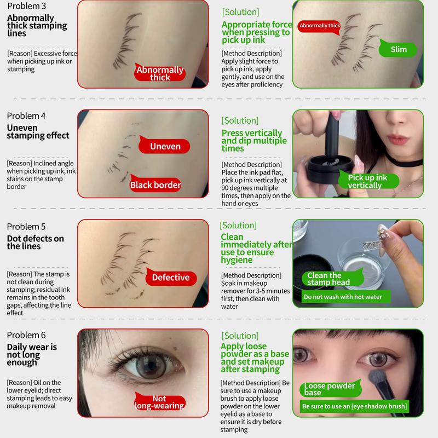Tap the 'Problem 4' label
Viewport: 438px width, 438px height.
(26, 116)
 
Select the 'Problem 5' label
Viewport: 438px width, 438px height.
(26, 227)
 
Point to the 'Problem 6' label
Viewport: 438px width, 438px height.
(26, 335)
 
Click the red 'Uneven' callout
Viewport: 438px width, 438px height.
(165, 146)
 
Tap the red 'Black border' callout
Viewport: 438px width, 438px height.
(155, 185)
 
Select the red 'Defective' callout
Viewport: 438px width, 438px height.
(170, 278)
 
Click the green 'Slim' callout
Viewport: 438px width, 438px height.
(399, 49)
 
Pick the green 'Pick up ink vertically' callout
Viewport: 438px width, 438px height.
(367, 181)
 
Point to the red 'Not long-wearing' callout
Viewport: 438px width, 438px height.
(159, 402)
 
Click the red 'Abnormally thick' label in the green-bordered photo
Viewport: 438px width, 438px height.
(320, 26)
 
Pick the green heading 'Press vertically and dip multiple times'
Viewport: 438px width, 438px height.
(252, 141)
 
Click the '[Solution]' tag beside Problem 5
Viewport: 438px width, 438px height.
(238, 226)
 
